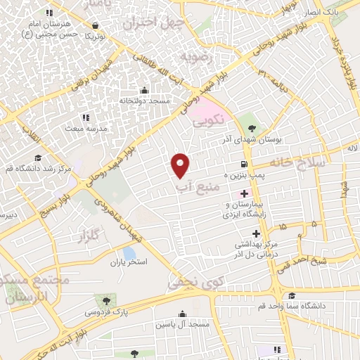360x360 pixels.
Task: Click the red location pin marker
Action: coord(181,164)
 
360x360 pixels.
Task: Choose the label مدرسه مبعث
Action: coord(84,129)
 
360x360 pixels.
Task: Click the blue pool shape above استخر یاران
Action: coord(129,252)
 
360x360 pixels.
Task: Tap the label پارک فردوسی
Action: coord(107,310)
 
